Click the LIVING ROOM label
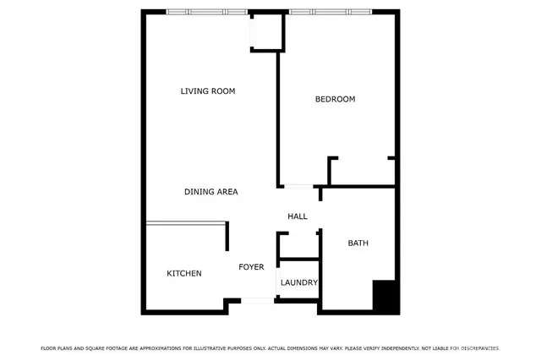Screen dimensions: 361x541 pyautogui.click(x=207, y=91)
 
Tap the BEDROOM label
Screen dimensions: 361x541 pyautogui.click(x=335, y=100)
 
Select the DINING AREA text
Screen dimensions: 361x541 pyautogui.click(x=210, y=192)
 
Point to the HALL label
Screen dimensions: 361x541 pyautogui.click(x=297, y=217)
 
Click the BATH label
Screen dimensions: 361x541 pyautogui.click(x=358, y=243)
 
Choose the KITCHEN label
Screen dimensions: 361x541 pyautogui.click(x=183, y=274)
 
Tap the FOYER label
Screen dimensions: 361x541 pyautogui.click(x=251, y=267)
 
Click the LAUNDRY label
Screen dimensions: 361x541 pyautogui.click(x=298, y=283)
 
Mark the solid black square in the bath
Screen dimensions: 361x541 pyautogui.click(x=385, y=296)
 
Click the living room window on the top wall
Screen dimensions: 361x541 pyautogui.click(x=207, y=12)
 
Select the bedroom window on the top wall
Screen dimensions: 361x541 pyautogui.click(x=330, y=12)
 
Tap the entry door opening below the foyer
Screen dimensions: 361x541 pyautogui.click(x=257, y=299)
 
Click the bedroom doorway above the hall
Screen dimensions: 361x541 pyautogui.click(x=297, y=186)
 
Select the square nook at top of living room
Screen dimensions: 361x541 pyautogui.click(x=265, y=33)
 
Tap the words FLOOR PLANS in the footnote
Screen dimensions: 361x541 pyautogui.click(x=55, y=348)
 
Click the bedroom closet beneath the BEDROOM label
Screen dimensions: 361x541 pyautogui.click(x=362, y=171)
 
